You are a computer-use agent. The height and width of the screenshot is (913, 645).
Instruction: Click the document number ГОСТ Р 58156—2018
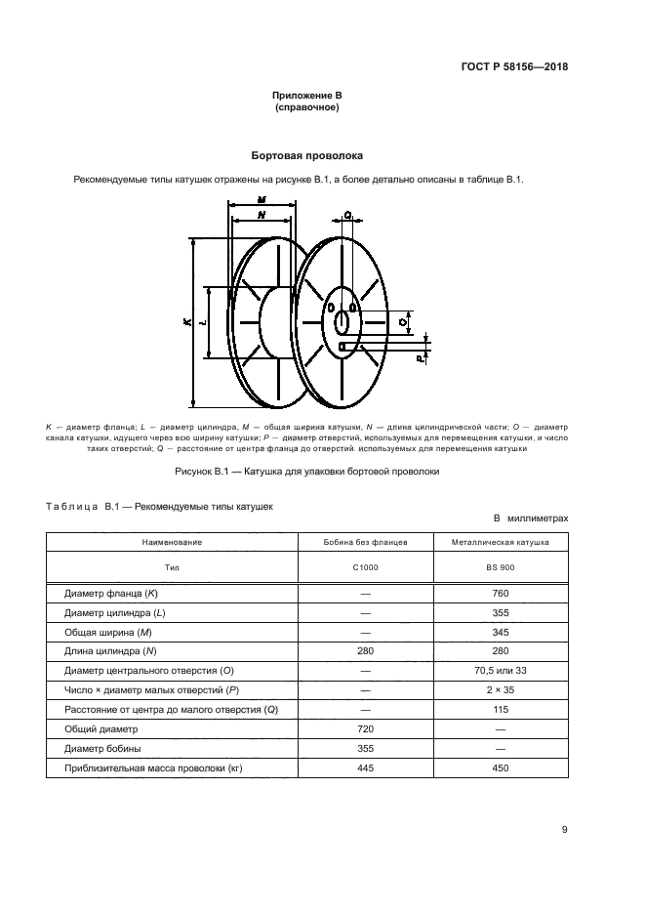pyautogui.click(x=514, y=67)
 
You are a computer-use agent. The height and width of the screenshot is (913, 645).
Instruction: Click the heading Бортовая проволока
pyautogui.click(x=307, y=154)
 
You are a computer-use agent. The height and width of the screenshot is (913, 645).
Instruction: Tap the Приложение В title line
pyautogui.click(x=307, y=96)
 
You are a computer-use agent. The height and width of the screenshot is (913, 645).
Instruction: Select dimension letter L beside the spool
pyautogui.click(x=201, y=322)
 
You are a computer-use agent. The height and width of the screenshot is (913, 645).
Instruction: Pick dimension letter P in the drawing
pyautogui.click(x=420, y=359)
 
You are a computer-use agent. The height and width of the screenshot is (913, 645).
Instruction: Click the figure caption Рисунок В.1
pyautogui.click(x=307, y=471)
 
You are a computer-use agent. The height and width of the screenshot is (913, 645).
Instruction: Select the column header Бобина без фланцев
pyautogui.click(x=366, y=541)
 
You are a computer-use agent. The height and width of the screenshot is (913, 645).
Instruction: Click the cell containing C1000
pyautogui.click(x=366, y=566)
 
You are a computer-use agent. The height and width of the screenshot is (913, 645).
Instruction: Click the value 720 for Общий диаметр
pyautogui.click(x=366, y=728)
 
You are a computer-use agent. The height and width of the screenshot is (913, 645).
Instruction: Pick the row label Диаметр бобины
pyautogui.click(x=103, y=748)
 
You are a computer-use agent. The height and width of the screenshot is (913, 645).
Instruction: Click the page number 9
pyautogui.click(x=565, y=830)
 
